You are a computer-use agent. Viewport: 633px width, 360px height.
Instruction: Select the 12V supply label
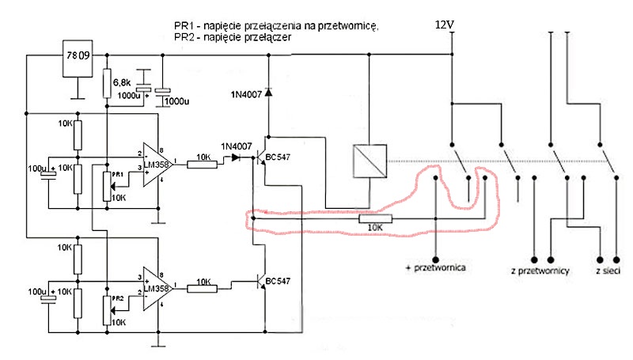pos(445,25)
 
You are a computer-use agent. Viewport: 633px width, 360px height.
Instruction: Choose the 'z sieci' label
pos(608,271)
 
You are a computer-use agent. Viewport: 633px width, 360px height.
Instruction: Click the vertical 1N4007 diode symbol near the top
pos(268,93)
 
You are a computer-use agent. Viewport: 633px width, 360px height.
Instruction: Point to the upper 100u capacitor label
pos(37,168)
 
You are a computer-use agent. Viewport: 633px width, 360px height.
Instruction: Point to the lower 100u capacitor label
pos(37,292)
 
